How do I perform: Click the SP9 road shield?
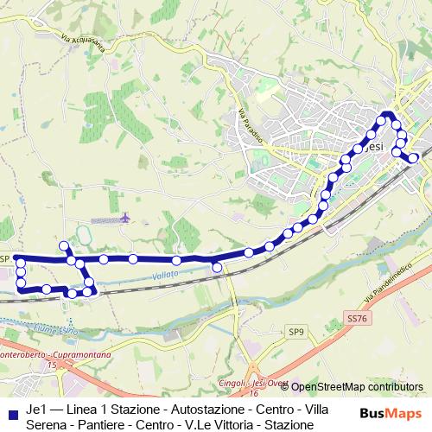pyautogui.click(x=297, y=331)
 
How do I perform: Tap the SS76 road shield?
pyautogui.click(x=356, y=319)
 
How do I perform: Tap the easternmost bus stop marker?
pyautogui.click(x=414, y=157)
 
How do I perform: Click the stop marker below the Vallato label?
pyautogui.click(x=217, y=268)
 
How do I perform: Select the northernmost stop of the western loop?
pyautogui.click(x=63, y=246)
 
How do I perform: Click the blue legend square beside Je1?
pyautogui.click(x=13, y=408)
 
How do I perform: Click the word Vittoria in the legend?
pyautogui.click(x=228, y=424)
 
